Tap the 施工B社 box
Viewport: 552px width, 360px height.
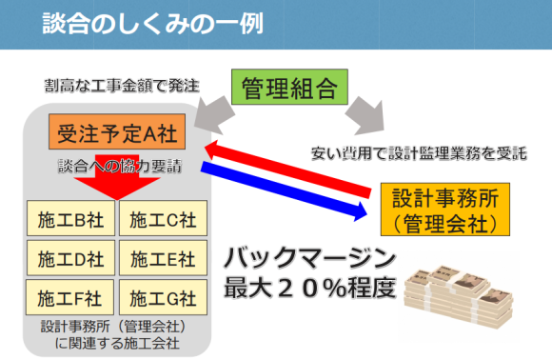pyautogui.click(x=69, y=221)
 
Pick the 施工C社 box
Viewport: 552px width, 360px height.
pyautogui.click(x=161, y=221)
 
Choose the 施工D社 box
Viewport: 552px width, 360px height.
pyautogui.click(x=69, y=258)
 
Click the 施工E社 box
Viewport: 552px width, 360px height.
pyautogui.click(x=161, y=258)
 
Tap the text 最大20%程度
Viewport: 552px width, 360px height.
pyautogui.click(x=308, y=286)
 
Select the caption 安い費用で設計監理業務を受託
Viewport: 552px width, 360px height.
pyautogui.click(x=419, y=151)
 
